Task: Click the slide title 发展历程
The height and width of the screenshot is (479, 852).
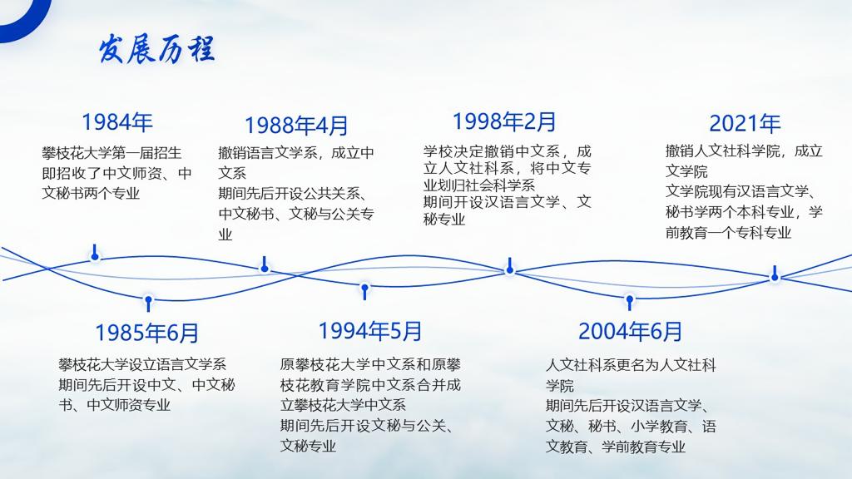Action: [156, 49]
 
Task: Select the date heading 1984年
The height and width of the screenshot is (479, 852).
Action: [116, 122]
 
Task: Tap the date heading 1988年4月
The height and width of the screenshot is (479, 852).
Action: [296, 126]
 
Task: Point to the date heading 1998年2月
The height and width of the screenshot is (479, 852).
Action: [504, 121]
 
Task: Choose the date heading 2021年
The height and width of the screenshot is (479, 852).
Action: [745, 124]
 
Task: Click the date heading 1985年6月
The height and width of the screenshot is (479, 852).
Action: [146, 333]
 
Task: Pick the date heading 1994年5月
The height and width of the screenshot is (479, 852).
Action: [370, 331]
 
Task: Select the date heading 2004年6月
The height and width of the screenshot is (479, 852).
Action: [630, 331]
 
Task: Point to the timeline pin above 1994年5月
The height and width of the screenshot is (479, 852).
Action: [364, 291]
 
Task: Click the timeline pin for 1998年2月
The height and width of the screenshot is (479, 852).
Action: [510, 266]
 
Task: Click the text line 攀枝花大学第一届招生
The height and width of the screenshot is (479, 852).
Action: [111, 153]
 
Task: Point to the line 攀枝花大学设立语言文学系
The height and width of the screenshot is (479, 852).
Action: [142, 364]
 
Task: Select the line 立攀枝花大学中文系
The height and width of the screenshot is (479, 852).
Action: [343, 405]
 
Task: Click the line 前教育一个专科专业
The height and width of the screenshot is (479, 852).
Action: [728, 233]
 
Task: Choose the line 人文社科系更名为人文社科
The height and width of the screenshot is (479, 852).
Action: [631, 365]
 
